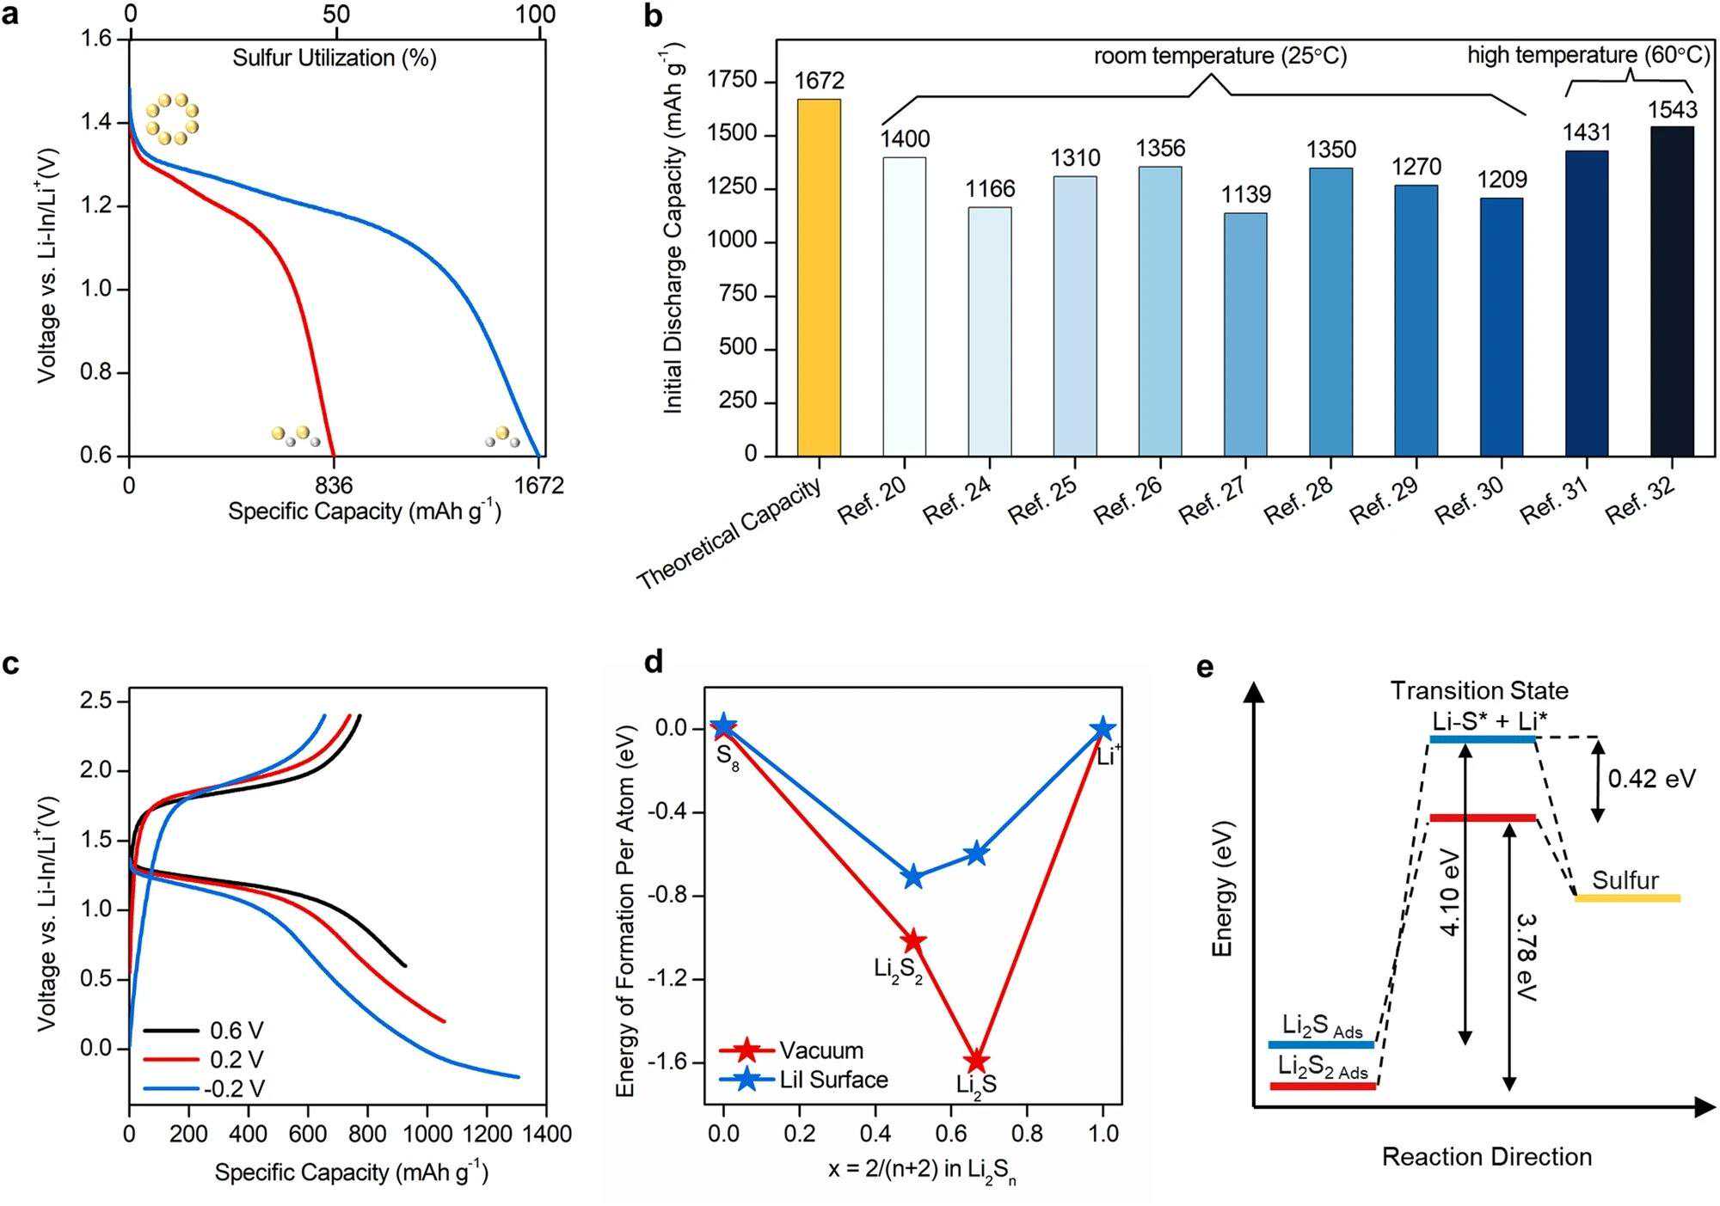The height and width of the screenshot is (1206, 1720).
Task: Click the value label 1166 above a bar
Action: pos(990,189)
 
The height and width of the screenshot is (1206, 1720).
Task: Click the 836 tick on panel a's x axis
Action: pos(335,486)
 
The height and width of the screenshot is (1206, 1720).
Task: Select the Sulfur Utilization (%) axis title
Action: pos(335,58)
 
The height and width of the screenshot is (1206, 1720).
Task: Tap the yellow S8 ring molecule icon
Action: pos(172,119)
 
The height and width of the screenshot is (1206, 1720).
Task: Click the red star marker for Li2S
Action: pos(976,1061)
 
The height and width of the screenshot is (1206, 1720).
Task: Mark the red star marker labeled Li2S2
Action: pos(912,941)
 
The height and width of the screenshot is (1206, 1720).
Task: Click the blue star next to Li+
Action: pos(1103,730)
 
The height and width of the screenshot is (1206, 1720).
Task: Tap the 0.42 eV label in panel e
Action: pos(1651,779)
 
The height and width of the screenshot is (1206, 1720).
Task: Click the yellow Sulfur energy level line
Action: pos(1627,898)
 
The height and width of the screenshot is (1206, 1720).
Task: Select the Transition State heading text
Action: pos(1479,690)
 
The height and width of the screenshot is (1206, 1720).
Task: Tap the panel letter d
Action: pos(654,663)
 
